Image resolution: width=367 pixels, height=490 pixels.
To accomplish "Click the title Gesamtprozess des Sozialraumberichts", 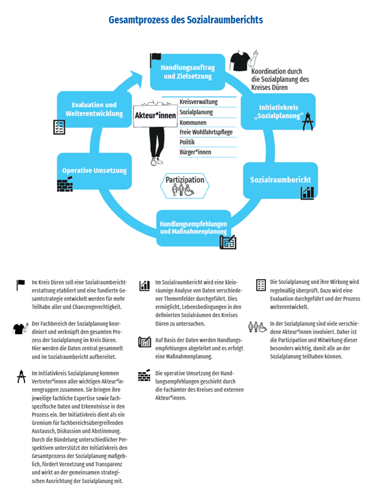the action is (x=186, y=19).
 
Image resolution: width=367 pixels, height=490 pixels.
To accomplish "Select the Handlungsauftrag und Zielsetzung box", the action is (x=188, y=72).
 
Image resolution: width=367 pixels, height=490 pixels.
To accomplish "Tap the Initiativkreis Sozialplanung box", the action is (x=278, y=112).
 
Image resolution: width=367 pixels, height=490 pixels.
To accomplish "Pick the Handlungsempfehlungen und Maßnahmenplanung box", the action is (x=193, y=228).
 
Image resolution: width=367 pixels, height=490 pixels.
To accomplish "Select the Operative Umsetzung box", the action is (x=94, y=171).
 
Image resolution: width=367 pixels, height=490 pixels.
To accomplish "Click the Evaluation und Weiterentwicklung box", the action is (x=94, y=109).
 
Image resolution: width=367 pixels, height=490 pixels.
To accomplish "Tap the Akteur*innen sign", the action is (x=155, y=116).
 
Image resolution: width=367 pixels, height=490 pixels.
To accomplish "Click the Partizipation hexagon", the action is (x=185, y=186).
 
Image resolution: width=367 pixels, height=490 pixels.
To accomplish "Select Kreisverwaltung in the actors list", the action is (x=198, y=102).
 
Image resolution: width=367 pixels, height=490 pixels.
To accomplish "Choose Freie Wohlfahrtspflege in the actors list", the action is (x=206, y=132).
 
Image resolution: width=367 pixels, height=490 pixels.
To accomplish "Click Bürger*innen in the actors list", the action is (x=195, y=152).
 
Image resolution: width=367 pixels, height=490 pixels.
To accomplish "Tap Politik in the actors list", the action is (x=187, y=142).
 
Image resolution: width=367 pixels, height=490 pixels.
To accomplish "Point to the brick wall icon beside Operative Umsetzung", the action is (x=65, y=184).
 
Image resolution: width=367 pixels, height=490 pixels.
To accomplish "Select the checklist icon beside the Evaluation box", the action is (x=59, y=127).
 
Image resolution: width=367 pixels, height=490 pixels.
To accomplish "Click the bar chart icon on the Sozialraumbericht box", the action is (x=308, y=193).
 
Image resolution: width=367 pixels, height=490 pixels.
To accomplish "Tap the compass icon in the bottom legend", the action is (x=21, y=376).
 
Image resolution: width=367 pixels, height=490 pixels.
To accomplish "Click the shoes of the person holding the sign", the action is (x=157, y=161).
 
